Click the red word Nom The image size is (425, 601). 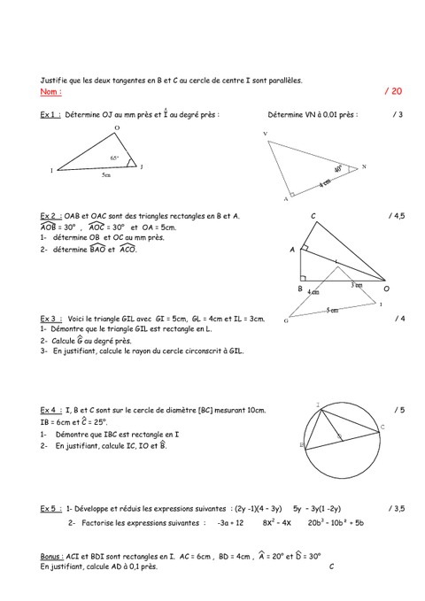pos(51,92)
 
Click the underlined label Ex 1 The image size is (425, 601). pos(50,115)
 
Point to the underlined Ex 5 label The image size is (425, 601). pos(50,509)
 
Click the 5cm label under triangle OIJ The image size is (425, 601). pos(105,176)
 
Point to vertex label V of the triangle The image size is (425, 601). pos(265,134)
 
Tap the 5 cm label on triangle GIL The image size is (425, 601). pos(329,310)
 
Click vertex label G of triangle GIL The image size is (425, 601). pos(288,321)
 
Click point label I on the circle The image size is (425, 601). pos(318,403)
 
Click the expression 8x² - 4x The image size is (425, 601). pos(277,524)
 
